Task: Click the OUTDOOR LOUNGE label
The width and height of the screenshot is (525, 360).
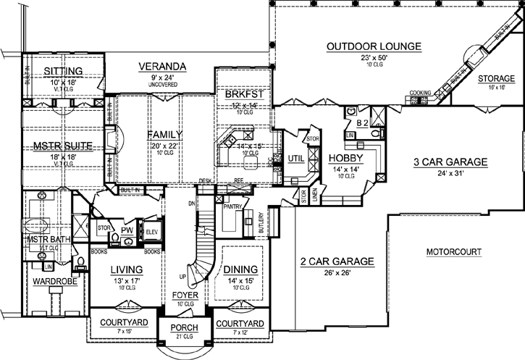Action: click(x=374, y=46)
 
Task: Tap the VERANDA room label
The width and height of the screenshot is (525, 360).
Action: click(x=163, y=67)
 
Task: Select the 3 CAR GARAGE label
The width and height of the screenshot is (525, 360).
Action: click(x=449, y=162)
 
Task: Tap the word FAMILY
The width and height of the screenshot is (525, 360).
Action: click(x=164, y=135)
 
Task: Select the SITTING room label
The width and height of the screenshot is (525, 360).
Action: click(x=64, y=70)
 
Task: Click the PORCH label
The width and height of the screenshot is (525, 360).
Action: click(x=185, y=328)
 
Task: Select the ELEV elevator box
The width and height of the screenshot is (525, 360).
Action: click(x=152, y=231)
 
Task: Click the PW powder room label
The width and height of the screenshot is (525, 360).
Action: click(x=126, y=231)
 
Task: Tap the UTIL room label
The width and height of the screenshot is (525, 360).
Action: click(x=295, y=157)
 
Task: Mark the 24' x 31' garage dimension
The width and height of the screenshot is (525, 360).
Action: click(x=449, y=174)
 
